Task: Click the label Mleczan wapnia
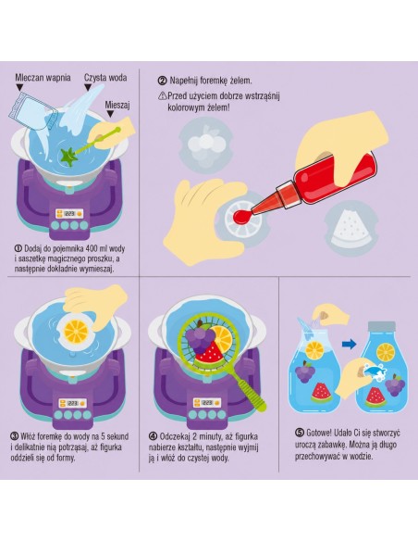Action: click(43, 78)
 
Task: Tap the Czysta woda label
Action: click(105, 78)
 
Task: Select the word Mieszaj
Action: click(117, 105)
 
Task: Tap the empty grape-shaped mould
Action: click(206, 145)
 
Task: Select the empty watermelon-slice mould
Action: click(351, 228)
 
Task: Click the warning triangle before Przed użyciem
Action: click(162, 95)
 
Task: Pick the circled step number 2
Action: click(162, 81)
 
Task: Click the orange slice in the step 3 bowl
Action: click(76, 331)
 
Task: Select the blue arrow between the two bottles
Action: click(350, 344)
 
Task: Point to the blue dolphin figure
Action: click(374, 372)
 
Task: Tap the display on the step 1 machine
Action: click(70, 214)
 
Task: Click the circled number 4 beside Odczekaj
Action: click(154, 436)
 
